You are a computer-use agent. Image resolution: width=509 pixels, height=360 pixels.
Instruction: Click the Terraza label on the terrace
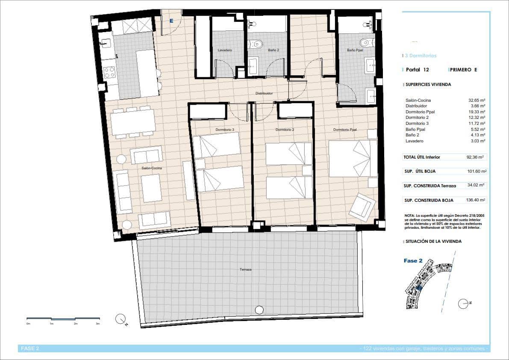tap(245, 270)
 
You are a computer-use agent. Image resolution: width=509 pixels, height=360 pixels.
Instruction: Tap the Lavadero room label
tap(224, 50)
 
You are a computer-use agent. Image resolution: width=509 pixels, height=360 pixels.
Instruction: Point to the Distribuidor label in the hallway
tap(264, 93)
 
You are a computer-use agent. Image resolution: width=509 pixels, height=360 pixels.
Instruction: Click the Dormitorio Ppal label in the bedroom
tap(345, 130)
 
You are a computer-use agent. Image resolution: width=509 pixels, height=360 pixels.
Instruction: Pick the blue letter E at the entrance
tap(171, 21)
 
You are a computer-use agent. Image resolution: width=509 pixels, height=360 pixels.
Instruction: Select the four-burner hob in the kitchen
tap(109, 72)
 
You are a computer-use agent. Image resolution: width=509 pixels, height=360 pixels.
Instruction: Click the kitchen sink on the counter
tap(106, 43)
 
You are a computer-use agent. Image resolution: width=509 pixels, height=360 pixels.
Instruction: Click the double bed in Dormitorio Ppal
tap(353, 158)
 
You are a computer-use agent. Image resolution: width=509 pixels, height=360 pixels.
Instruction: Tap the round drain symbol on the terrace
tap(259, 310)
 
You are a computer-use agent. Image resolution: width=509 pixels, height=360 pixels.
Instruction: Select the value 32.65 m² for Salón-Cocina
tap(477, 100)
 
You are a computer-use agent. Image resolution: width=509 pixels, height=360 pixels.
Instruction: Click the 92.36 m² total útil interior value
tap(475, 157)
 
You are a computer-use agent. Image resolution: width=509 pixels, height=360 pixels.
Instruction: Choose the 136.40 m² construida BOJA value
tap(474, 200)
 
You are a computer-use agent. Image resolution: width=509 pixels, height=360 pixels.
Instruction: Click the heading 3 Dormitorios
tap(421, 56)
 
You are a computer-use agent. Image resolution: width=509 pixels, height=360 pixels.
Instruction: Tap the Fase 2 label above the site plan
tap(413, 261)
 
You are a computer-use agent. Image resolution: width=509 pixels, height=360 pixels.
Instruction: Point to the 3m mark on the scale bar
tap(98, 324)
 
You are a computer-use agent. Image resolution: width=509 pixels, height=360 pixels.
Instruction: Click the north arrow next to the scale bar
tap(121, 319)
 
